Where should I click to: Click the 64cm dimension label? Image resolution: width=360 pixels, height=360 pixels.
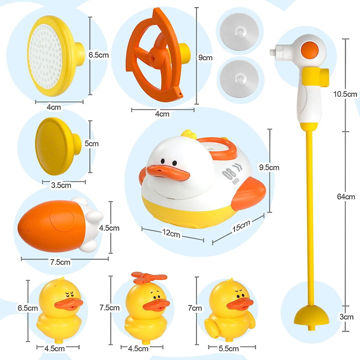[346, 197]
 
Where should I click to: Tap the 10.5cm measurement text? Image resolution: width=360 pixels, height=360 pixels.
[345, 94]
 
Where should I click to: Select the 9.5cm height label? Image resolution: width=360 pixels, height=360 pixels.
[269, 167]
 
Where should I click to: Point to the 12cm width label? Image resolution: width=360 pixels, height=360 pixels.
[171, 233]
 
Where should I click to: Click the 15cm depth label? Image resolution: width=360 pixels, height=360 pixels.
[241, 226]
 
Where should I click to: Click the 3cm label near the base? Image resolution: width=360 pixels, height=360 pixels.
[346, 317]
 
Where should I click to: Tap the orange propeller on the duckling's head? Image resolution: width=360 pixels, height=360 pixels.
[149, 276]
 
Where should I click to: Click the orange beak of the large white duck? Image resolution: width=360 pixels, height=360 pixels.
[168, 172]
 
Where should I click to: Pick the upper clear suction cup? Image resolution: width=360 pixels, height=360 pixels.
[239, 31]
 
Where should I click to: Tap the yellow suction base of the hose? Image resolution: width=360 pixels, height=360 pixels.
[311, 316]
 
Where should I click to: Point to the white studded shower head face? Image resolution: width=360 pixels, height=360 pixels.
[45, 56]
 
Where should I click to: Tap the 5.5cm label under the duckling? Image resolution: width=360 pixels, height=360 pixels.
[229, 348]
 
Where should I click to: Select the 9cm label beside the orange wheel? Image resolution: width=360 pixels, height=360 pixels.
[205, 58]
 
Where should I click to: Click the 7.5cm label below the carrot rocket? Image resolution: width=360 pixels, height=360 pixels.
[60, 262]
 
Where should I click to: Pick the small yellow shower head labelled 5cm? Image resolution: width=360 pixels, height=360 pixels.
[58, 146]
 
